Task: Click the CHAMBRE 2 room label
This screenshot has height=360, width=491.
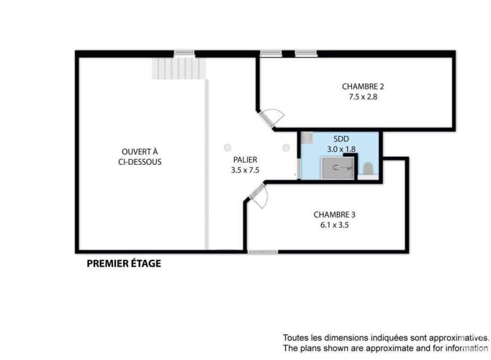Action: (x=363, y=86)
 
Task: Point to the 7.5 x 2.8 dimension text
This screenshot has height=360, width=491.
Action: (x=363, y=97)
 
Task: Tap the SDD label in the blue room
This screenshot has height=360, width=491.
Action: (x=341, y=139)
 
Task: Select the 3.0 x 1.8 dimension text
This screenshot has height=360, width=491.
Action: (x=341, y=149)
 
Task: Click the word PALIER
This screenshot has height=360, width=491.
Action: (x=245, y=160)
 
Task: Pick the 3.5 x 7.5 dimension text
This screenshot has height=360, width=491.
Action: (x=245, y=170)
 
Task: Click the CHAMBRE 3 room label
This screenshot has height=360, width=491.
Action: (x=334, y=215)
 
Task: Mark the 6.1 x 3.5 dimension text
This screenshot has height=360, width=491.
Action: (x=334, y=225)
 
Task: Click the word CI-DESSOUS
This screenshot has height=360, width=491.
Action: (x=140, y=162)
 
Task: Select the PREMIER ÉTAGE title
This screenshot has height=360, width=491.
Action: (x=124, y=263)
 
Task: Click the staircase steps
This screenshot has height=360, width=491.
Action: (x=179, y=68)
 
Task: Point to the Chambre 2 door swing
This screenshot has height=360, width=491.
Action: (x=272, y=118)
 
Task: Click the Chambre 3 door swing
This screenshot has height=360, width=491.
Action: (x=258, y=196)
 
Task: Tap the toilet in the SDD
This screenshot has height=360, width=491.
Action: (x=368, y=169)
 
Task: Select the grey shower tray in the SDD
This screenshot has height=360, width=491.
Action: (x=338, y=168)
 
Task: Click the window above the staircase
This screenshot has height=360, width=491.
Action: (x=184, y=54)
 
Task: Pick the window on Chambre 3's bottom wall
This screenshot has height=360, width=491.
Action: (x=262, y=251)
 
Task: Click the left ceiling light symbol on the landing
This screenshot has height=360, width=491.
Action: (x=227, y=147)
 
